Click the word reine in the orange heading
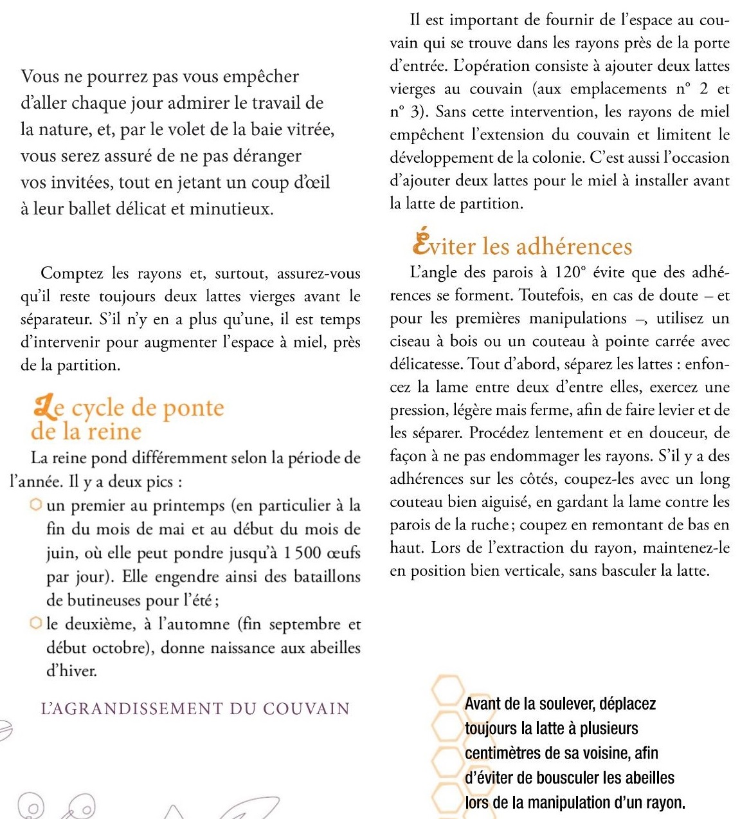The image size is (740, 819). pyautogui.click(x=114, y=431)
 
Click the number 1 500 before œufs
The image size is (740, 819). pyautogui.click(x=302, y=553)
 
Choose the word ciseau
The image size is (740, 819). pyautogui.click(x=411, y=342)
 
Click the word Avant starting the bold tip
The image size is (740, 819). pyautogui.click(x=483, y=704)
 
